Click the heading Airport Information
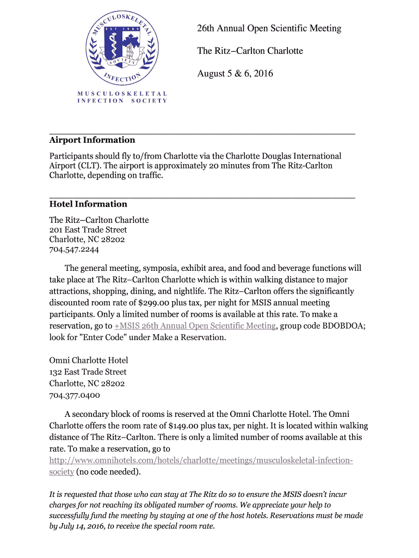pyautogui.click(x=92, y=140)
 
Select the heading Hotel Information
pyautogui.click(x=88, y=204)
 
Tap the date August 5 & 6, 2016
pyautogui.click(x=235, y=74)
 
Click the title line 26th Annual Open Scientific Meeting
pyautogui.click(x=269, y=28)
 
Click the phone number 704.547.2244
pyautogui.click(x=74, y=250)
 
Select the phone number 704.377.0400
pyautogui.click(x=75, y=396)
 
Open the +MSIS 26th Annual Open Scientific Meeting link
pyautogui.click(x=195, y=326)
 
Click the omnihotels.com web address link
pyautogui.click(x=201, y=460)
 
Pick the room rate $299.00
pyautogui.click(x=157, y=303)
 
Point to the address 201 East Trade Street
pyautogui.click(x=88, y=230)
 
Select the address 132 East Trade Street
pyautogui.click(x=88, y=372)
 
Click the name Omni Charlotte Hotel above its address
pyautogui.click(x=89, y=361)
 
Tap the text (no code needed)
pyautogui.click(x=109, y=472)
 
